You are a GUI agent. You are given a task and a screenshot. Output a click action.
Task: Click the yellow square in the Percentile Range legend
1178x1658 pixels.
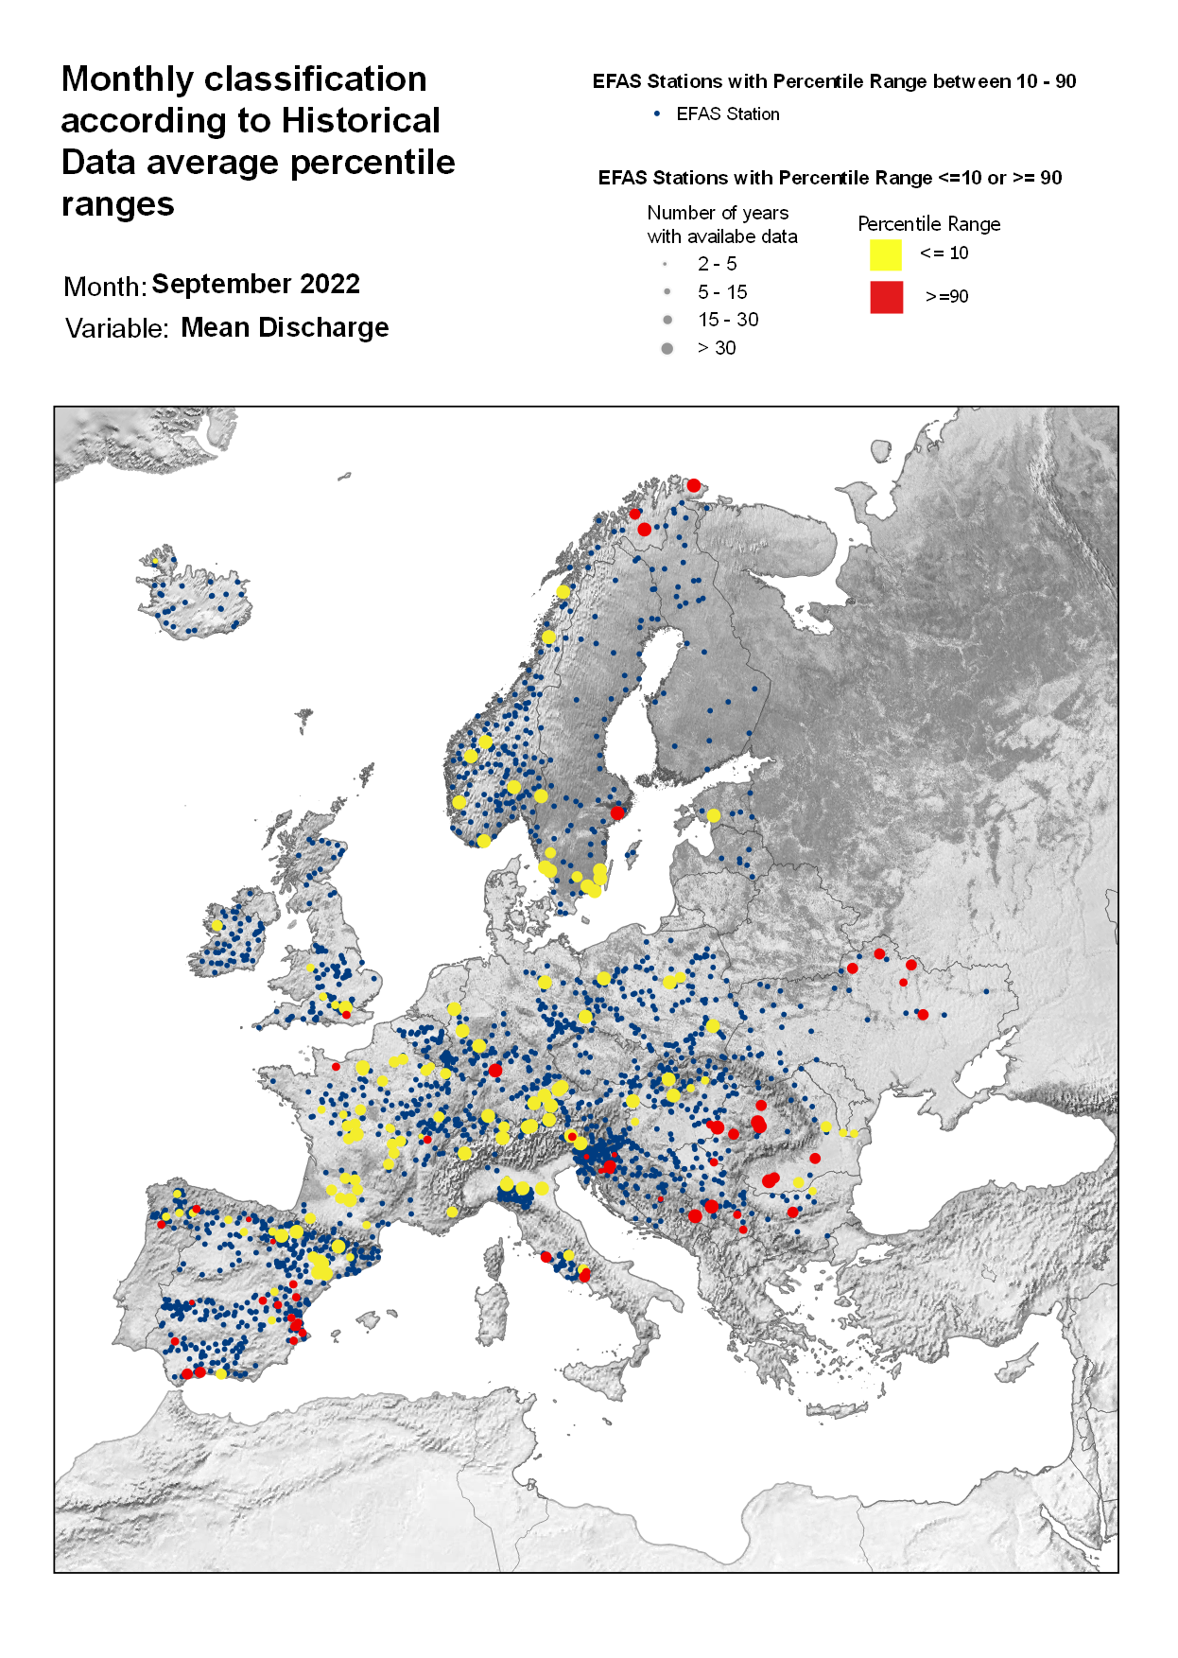(885, 254)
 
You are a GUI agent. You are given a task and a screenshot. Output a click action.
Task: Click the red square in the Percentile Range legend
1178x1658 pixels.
(886, 297)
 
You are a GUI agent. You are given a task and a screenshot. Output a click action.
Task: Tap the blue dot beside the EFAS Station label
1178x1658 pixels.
(657, 113)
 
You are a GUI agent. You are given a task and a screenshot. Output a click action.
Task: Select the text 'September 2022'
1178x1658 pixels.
(255, 284)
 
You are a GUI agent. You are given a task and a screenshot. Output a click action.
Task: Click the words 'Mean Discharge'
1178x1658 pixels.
(285, 327)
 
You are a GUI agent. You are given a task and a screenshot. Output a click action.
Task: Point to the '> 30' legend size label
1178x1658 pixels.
(717, 348)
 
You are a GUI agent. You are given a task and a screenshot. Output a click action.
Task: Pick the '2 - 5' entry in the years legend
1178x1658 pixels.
(717, 264)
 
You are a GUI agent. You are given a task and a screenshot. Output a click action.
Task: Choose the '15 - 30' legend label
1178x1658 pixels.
(728, 320)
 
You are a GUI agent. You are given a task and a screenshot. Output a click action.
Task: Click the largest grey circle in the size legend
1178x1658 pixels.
(667, 348)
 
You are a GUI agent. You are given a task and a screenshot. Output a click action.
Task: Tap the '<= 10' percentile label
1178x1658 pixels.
(944, 253)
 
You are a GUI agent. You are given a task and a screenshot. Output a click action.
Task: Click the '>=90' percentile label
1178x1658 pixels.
(946, 297)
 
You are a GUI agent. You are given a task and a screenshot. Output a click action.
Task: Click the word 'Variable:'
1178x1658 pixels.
(117, 329)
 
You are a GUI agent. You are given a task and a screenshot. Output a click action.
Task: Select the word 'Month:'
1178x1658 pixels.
(105, 287)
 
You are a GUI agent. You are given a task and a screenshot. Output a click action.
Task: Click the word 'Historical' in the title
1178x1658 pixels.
(360, 121)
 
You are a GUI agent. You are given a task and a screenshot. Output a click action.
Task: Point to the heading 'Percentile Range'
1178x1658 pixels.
(928, 224)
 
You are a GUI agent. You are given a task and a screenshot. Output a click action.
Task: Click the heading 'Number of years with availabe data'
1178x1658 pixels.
(721, 224)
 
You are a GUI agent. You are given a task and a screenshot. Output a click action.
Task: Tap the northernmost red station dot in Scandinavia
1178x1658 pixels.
(693, 485)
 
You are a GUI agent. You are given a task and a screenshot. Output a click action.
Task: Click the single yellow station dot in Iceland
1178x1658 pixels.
(155, 561)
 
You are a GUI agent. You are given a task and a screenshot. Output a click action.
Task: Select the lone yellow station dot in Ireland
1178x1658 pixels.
(217, 925)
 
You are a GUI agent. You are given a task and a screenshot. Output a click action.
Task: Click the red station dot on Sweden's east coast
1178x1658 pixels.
(617, 812)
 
